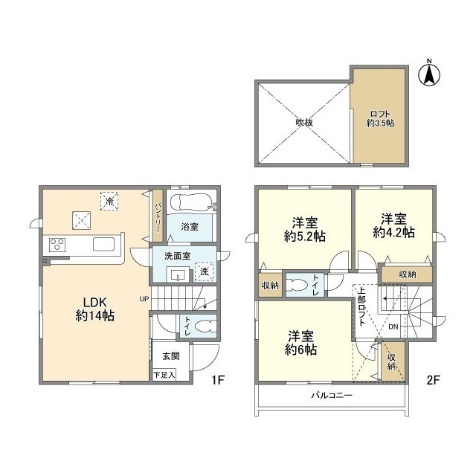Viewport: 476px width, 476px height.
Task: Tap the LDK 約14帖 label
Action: click(94, 309)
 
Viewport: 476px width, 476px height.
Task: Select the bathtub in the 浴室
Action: click(190, 202)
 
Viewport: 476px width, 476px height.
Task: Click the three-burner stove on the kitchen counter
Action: click(57, 245)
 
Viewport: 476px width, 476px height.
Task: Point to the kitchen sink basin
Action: click(104, 244)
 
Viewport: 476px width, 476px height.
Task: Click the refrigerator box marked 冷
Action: click(109, 201)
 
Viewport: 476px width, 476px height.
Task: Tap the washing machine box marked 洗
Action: click(204, 271)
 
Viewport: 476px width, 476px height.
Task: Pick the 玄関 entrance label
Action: click(171, 356)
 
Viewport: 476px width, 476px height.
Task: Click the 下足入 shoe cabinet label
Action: click(164, 375)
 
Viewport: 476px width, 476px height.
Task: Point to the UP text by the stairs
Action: click(144, 299)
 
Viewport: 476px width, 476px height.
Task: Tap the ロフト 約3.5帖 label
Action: click(380, 119)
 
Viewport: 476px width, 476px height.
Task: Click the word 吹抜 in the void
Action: click(304, 122)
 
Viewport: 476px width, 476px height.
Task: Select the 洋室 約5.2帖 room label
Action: click(305, 229)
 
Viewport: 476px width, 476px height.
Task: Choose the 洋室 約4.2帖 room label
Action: click(393, 225)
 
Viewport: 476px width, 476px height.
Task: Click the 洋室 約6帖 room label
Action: click(300, 343)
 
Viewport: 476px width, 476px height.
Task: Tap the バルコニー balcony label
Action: click(332, 396)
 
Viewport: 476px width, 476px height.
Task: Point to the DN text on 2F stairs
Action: click(393, 327)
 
